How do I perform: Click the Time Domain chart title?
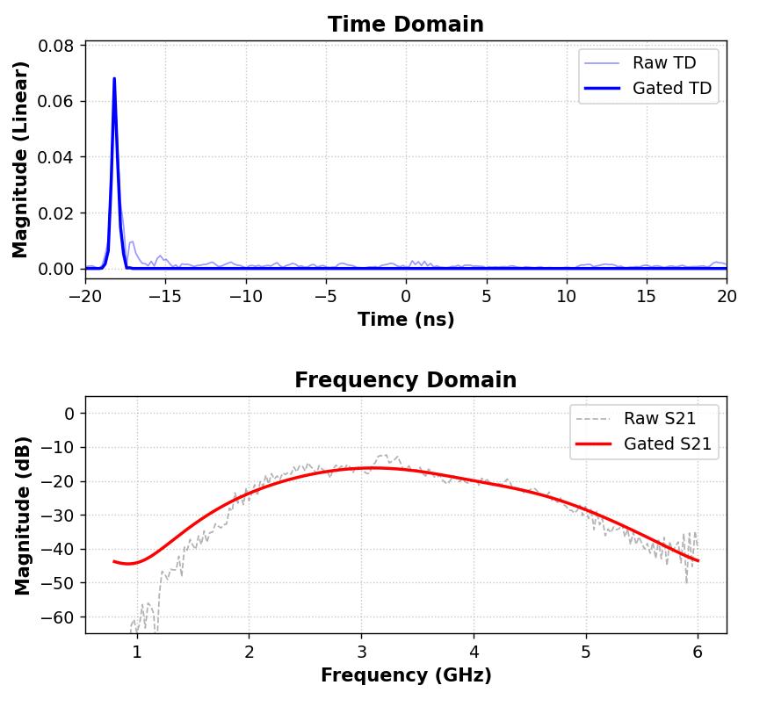(405, 25)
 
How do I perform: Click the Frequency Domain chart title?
(405, 380)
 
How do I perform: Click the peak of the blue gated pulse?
(114, 79)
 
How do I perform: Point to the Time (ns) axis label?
(405, 320)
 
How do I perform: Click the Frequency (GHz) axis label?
(405, 675)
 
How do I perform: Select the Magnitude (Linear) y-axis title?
(21, 159)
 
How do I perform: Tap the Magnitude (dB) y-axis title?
(23, 515)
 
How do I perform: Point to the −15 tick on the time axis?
(165, 297)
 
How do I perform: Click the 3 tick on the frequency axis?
(361, 653)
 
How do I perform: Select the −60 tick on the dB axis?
(59, 617)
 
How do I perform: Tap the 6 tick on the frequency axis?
(698, 653)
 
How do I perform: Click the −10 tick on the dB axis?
(59, 447)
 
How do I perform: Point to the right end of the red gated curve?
(698, 560)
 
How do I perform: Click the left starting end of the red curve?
(114, 561)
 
